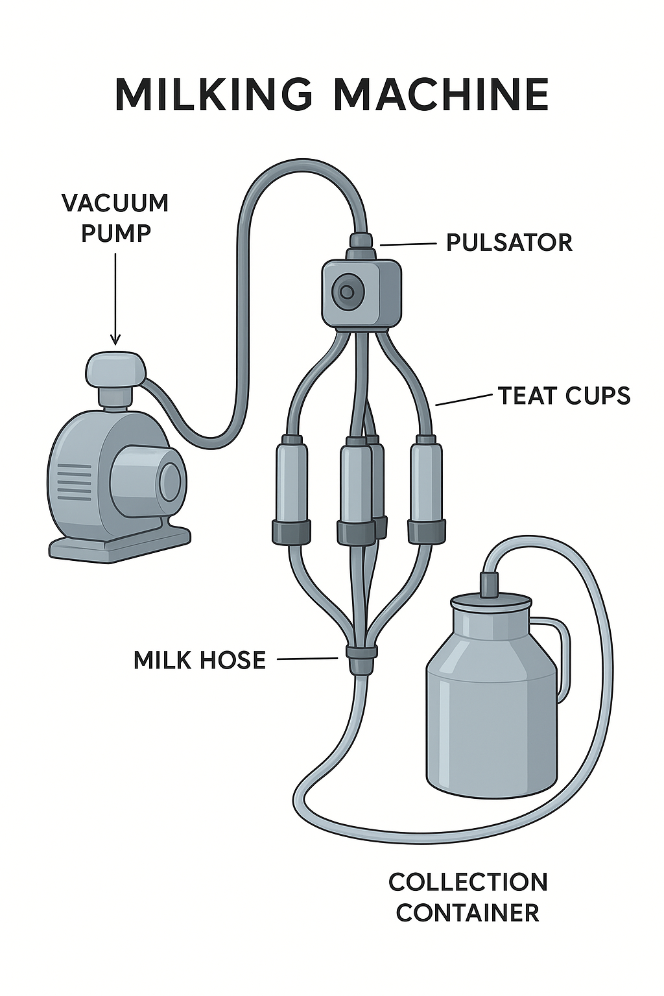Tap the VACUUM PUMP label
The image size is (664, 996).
click(115, 217)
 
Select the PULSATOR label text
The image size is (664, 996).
click(509, 243)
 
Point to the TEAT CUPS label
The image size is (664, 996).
click(564, 396)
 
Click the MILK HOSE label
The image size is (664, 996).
click(200, 660)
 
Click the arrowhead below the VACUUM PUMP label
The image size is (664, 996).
click(115, 339)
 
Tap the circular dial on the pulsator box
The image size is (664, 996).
click(345, 292)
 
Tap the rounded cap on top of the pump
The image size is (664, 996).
click(115, 369)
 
